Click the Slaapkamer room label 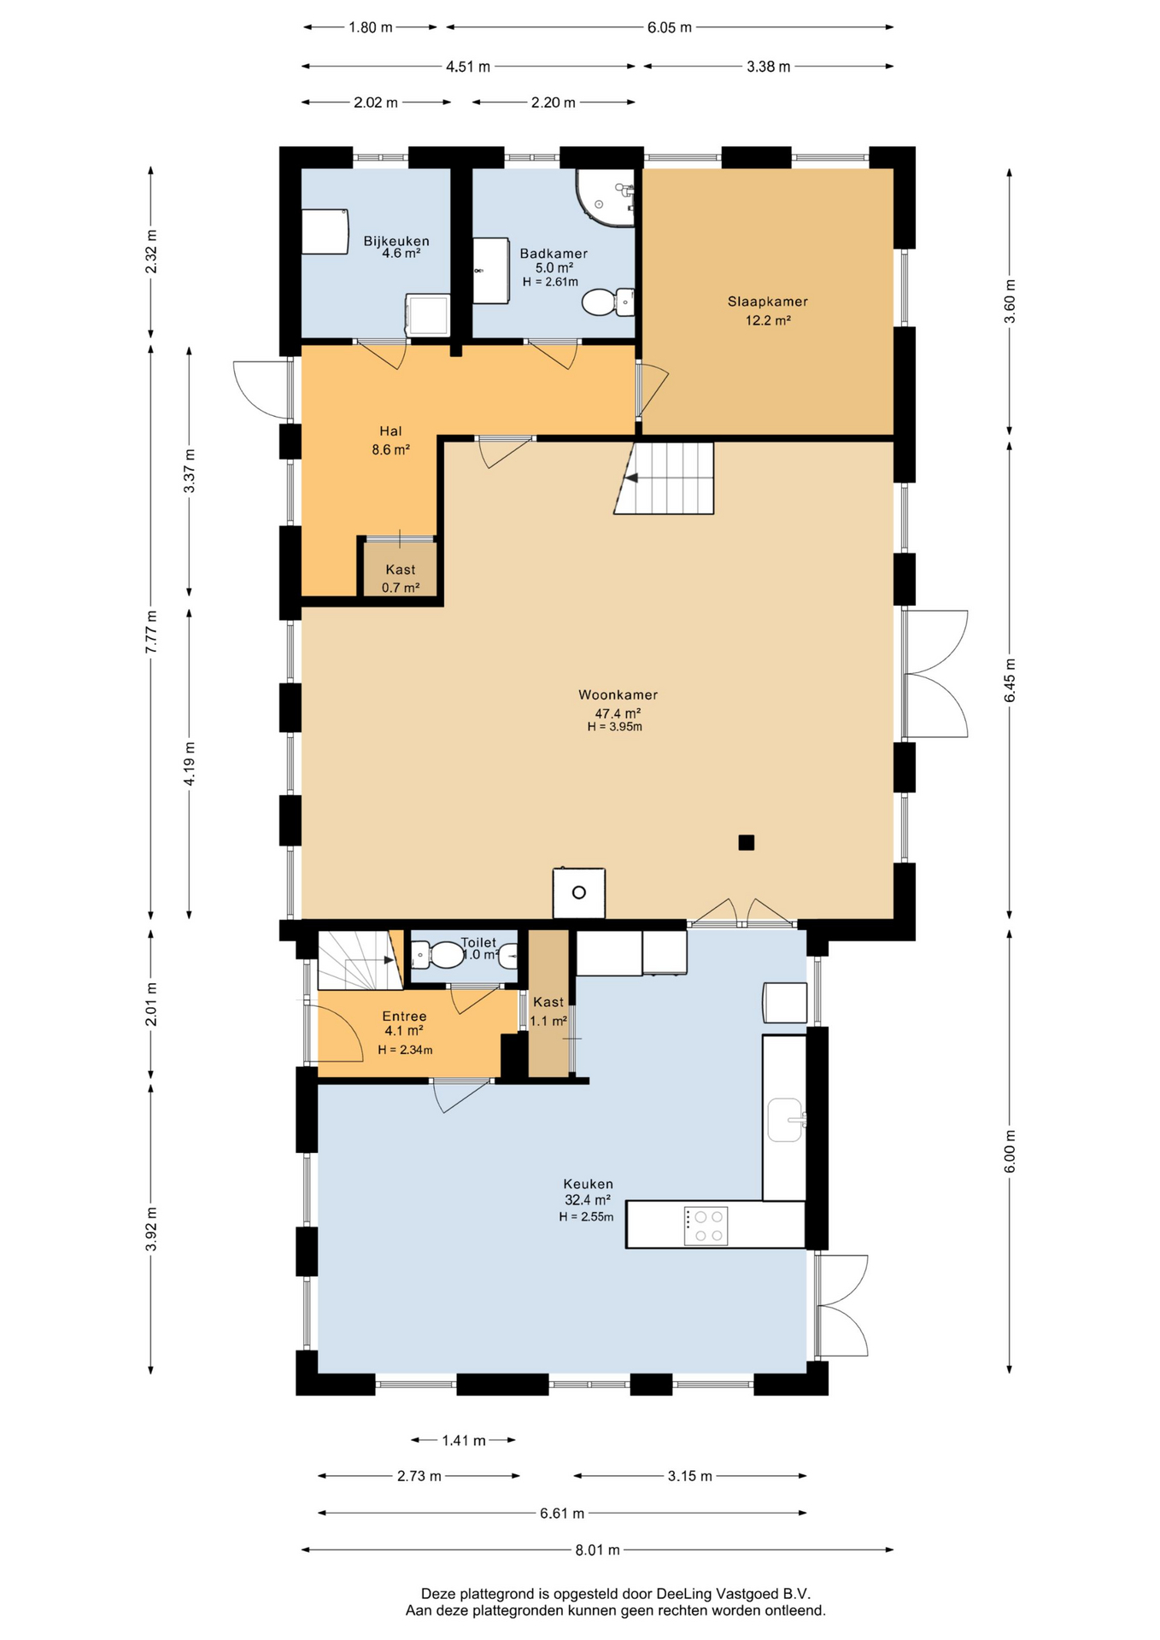point(767,302)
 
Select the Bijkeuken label point(396,241)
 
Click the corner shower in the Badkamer point(606,197)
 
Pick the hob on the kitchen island point(706,1226)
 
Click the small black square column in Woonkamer point(747,842)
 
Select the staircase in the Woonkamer point(664,477)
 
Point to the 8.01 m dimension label point(597,1549)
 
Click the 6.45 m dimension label point(1010,681)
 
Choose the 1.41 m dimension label point(464,1440)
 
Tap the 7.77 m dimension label point(151,632)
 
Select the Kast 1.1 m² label point(548,1011)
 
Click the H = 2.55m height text point(586,1216)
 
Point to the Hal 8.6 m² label point(390,440)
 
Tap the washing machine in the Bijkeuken point(427,314)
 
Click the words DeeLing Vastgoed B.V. point(733,1593)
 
